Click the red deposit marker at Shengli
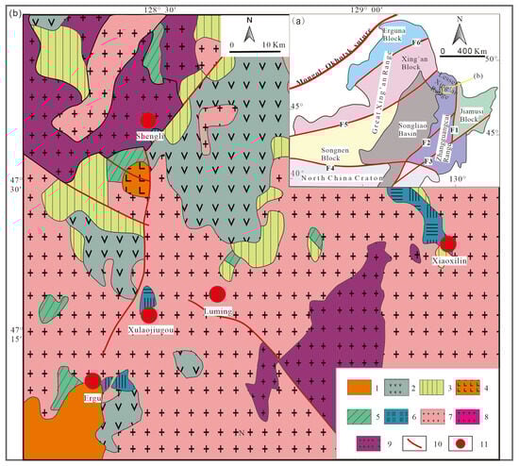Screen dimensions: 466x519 [x=147, y=120]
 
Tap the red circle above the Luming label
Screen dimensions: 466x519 [x=217, y=294]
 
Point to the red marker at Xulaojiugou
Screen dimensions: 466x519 [x=148, y=316]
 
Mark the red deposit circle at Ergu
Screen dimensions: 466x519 [x=92, y=380]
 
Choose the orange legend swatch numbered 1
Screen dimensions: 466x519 [x=357, y=387]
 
